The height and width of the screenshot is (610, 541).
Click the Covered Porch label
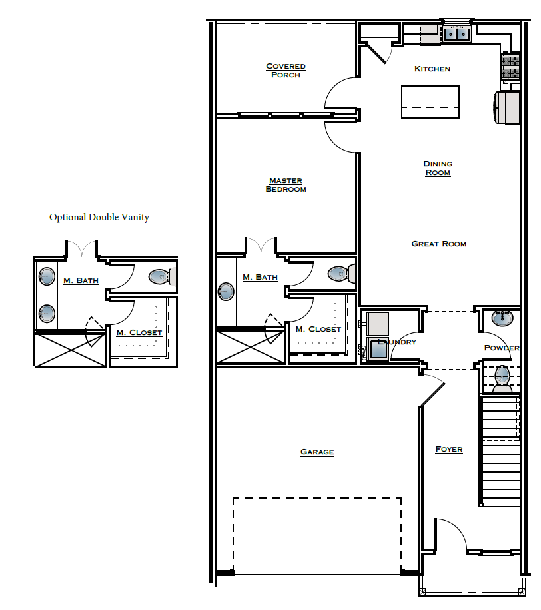(x=286, y=71)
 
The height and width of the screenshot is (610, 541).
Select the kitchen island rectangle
(x=430, y=102)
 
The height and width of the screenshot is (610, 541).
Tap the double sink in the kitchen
(x=457, y=33)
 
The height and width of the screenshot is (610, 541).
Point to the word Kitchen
(x=432, y=69)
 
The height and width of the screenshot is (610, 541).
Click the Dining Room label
(x=438, y=168)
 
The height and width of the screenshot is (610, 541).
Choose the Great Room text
(x=439, y=244)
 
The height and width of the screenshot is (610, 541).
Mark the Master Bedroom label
(x=286, y=185)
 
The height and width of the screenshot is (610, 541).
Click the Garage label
(x=317, y=452)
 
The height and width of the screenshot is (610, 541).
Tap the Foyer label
(x=449, y=450)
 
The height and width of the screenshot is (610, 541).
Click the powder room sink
(x=502, y=318)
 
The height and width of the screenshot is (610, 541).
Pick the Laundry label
(x=397, y=342)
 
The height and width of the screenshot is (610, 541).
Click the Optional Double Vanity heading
(x=99, y=218)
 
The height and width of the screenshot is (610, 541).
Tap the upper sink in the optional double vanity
(x=47, y=276)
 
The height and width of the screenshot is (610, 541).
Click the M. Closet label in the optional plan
(x=139, y=332)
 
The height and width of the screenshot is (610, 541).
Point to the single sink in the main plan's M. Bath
(x=227, y=292)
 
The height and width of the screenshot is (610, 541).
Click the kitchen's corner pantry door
(x=375, y=53)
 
